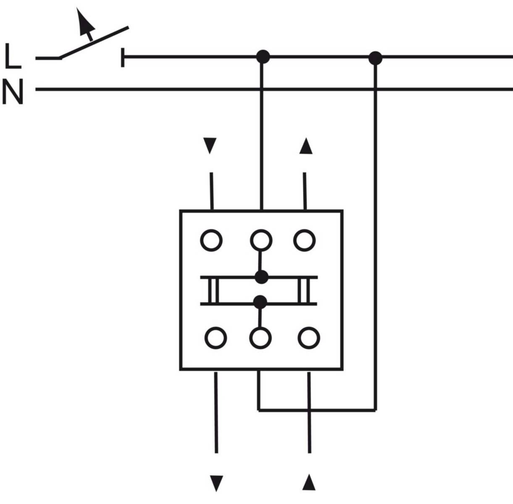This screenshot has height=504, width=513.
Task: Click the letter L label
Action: pos(13,57)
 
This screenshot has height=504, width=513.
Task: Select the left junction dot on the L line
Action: pos(263,57)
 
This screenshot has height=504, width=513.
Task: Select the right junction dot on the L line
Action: pos(375,58)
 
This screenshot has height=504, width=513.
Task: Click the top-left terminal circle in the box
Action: pos(211,241)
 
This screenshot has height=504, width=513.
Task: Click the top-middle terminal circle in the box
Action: pos(261,241)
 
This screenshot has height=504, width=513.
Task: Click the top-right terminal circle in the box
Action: pos(304,241)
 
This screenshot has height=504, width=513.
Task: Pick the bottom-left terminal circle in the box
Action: pos(216,338)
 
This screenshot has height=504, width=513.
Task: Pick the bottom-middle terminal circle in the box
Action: pos(260,338)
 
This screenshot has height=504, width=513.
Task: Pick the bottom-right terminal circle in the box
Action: pos(309,338)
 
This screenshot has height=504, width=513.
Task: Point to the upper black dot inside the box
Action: pos(261,277)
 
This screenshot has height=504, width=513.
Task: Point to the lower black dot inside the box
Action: pos(260,302)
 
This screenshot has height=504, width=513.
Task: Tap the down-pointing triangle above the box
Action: pos(210,146)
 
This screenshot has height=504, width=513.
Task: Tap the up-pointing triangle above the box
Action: pos(305,146)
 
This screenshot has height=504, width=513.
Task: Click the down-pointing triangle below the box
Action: pos(216,483)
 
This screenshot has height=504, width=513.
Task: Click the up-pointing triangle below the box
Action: pos(309,482)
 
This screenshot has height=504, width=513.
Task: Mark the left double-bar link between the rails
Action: pos(213,290)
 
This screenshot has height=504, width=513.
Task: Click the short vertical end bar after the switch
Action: pos(123,58)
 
